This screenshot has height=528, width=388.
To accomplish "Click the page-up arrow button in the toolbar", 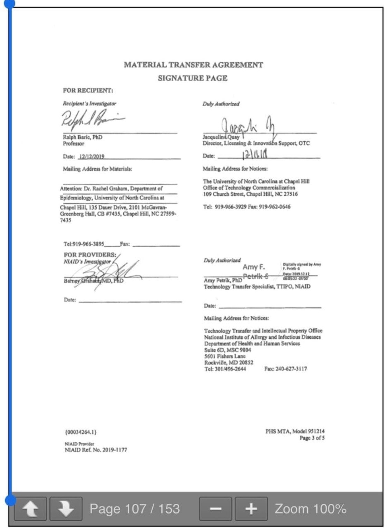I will point(30,509).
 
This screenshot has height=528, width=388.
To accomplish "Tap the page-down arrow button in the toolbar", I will point(66,509).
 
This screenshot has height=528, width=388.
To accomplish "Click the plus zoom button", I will point(251,509).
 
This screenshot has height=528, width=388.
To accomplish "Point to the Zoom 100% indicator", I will point(310,509).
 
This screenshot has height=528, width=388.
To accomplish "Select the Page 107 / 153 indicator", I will point(135,509).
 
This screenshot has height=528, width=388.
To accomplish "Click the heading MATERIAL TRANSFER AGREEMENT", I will point(193,65).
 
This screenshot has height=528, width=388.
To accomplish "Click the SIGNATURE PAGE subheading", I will point(193,78).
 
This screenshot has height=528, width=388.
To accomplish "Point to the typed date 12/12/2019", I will point(91,157).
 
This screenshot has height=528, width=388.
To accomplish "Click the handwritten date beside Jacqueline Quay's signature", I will point(255,155).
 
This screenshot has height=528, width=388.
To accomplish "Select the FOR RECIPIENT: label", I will point(88,91).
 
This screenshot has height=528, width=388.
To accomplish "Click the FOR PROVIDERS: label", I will point(90,254).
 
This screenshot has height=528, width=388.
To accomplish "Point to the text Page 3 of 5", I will point(312,438).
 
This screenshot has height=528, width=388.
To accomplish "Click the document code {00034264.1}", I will point(80,432).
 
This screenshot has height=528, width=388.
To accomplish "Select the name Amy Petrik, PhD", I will point(223,280).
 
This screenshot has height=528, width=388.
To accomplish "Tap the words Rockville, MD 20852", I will point(229,362).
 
